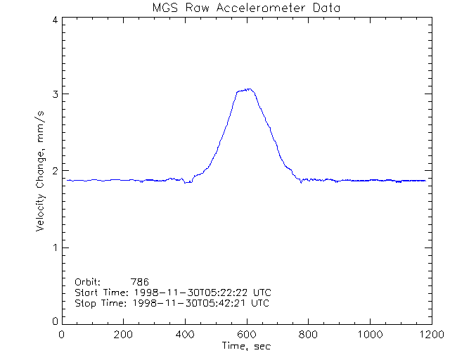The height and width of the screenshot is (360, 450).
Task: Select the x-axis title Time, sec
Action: (246, 346)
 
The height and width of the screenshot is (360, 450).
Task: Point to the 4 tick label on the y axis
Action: (55, 20)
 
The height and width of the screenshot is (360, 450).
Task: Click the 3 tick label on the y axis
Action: (55, 94)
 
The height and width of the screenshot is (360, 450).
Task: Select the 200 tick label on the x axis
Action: (124, 335)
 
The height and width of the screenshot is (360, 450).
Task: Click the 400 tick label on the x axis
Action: (185, 335)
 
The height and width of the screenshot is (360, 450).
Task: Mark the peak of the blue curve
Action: (247, 89)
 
